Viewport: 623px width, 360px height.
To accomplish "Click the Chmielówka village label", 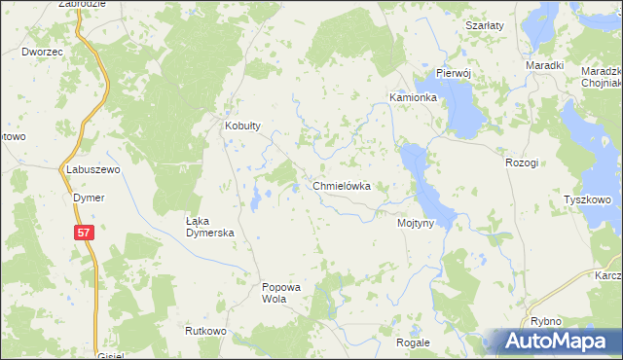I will [341, 185].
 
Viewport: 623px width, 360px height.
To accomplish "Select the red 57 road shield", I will [85, 232].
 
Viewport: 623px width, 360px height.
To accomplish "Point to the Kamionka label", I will [414, 98].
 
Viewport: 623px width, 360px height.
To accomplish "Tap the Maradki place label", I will [545, 65].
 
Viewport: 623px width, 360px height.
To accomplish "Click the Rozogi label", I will [522, 162].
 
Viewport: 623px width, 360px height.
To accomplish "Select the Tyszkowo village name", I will [587, 200].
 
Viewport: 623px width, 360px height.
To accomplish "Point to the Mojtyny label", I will [422, 223].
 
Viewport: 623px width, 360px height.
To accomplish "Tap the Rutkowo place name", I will [205, 332].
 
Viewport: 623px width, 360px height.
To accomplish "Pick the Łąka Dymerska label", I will [211, 227].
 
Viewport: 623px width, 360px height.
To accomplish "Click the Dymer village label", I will [89, 198].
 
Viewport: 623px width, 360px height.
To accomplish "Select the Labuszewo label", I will [92, 169].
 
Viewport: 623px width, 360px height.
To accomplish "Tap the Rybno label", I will [546, 321].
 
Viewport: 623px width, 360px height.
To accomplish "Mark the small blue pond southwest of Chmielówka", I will [256, 199].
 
